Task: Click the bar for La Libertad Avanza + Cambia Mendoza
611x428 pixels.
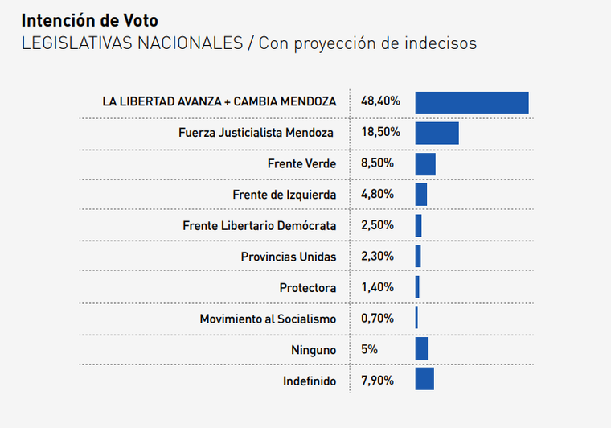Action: coord(471,102)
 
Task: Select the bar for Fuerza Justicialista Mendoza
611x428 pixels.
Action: coord(437,133)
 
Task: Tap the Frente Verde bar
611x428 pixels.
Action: coord(425,164)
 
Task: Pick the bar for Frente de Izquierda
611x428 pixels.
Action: coord(421,195)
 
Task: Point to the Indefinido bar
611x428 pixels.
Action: coord(424,380)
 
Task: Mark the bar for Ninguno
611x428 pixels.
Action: coord(421,348)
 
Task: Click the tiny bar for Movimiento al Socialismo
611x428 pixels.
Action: coord(416,318)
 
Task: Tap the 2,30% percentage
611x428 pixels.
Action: coord(378,257)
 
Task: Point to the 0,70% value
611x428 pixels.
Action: coord(378,319)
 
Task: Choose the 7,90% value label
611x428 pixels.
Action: coord(378,381)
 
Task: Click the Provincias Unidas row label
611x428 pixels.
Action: coord(289,257)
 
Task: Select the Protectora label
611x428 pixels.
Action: coord(308,288)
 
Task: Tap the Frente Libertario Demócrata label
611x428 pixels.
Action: coord(259,226)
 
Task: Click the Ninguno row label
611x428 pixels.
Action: coord(314,350)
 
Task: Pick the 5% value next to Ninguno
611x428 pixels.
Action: coord(370,350)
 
